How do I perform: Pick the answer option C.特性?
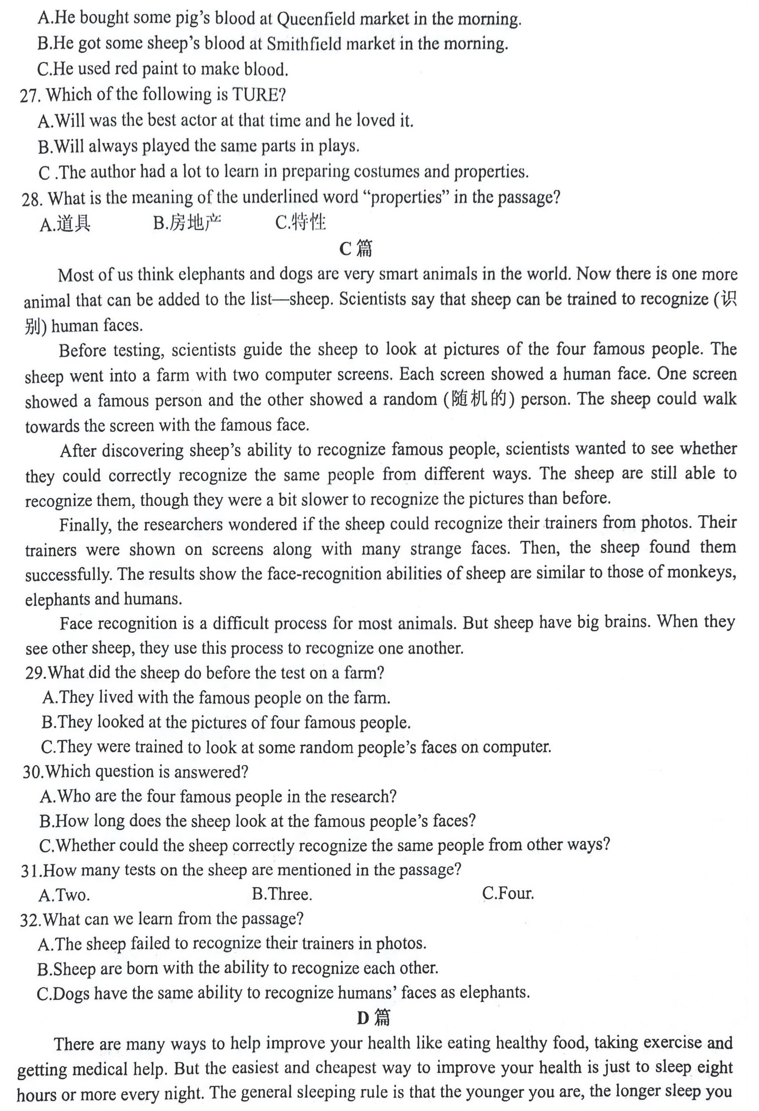coord(301,222)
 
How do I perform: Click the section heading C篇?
coord(356,248)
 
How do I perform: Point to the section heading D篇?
coord(373,1018)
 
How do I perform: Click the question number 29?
coord(35,673)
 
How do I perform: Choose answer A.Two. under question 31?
coord(64,895)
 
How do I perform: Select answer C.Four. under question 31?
coord(508,893)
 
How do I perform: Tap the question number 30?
coord(33,772)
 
